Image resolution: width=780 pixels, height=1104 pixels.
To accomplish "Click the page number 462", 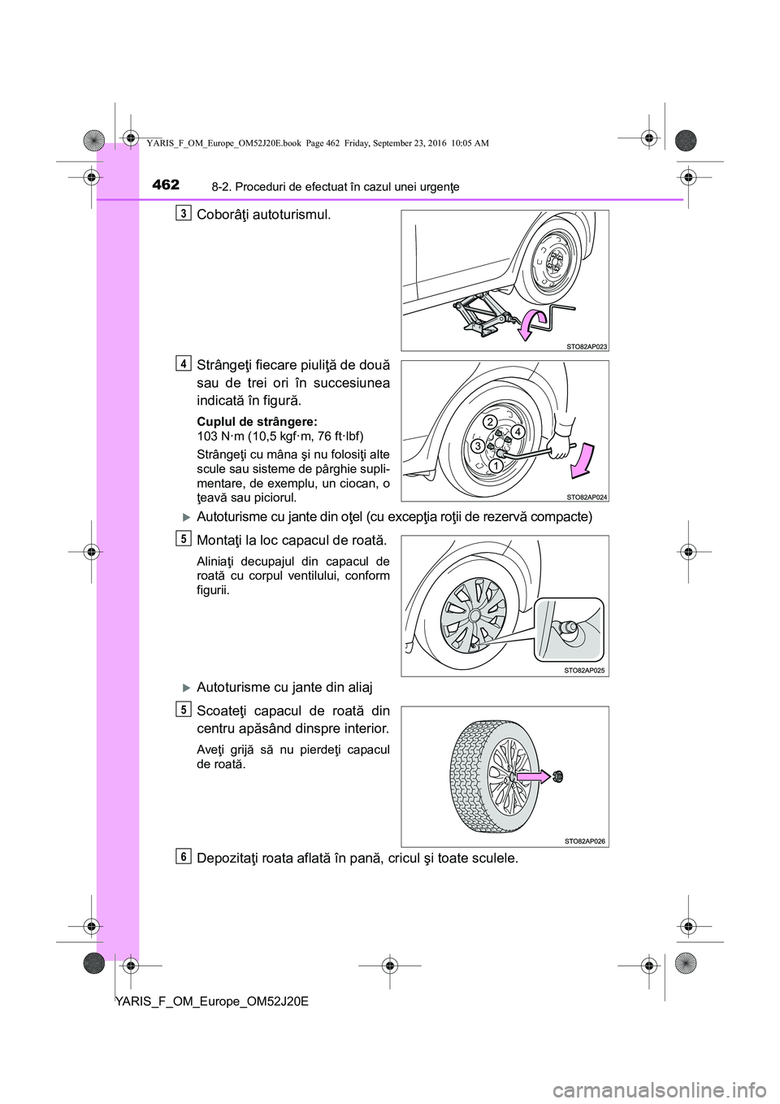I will pyautogui.click(x=165, y=185).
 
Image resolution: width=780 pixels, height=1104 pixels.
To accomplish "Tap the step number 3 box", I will pyautogui.click(x=186, y=213).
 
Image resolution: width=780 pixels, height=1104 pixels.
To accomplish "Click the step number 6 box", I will pyautogui.click(x=186, y=856).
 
